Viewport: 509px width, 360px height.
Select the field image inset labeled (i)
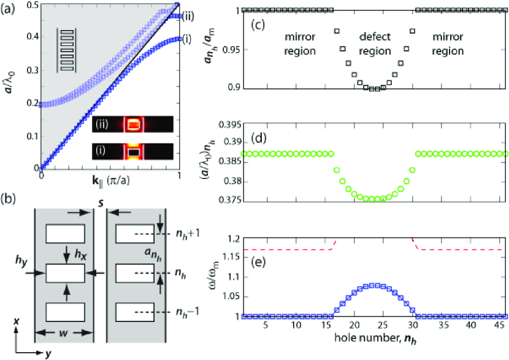[x=134, y=149]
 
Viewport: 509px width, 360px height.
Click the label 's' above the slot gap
[x=100, y=202]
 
